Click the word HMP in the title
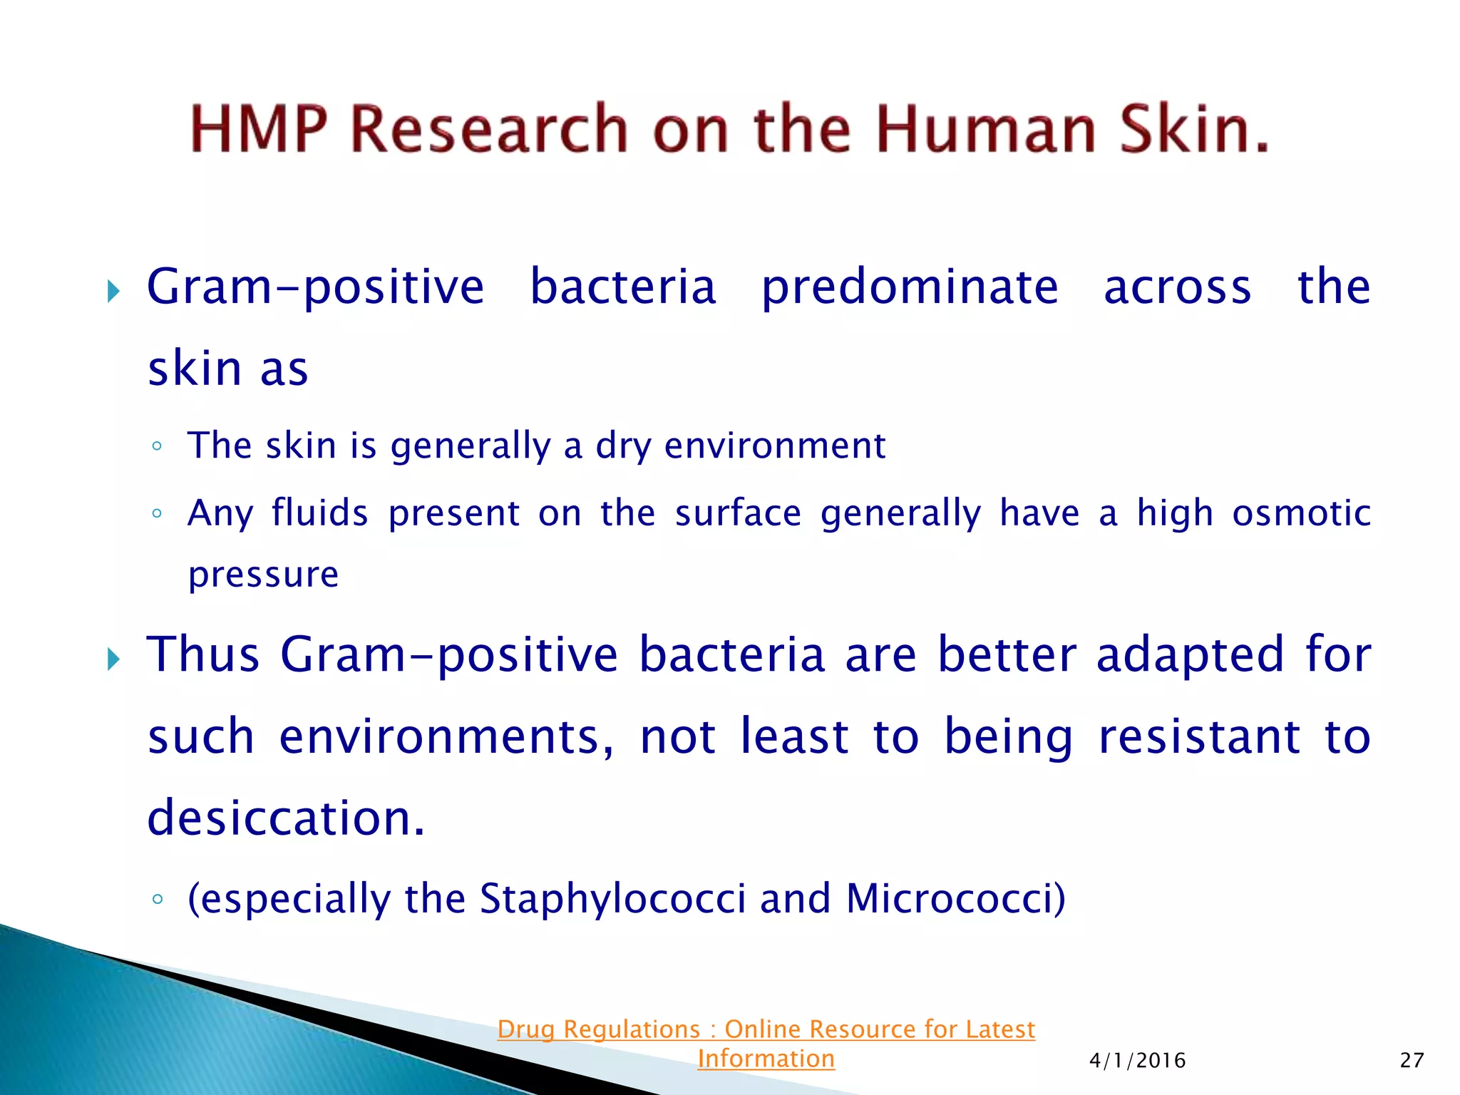(259, 129)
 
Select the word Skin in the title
(1194, 129)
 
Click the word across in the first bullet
(1177, 287)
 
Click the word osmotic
(1301, 513)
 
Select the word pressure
(263, 575)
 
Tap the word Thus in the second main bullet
(203, 654)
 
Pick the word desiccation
(286, 818)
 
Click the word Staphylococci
(612, 899)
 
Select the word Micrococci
(955, 899)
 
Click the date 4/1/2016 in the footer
(1137, 1061)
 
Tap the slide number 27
(1412, 1061)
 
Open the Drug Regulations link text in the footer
(766, 1029)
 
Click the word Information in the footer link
(766, 1059)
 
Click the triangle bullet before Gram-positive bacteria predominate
(113, 291)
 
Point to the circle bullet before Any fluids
(157, 513)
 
